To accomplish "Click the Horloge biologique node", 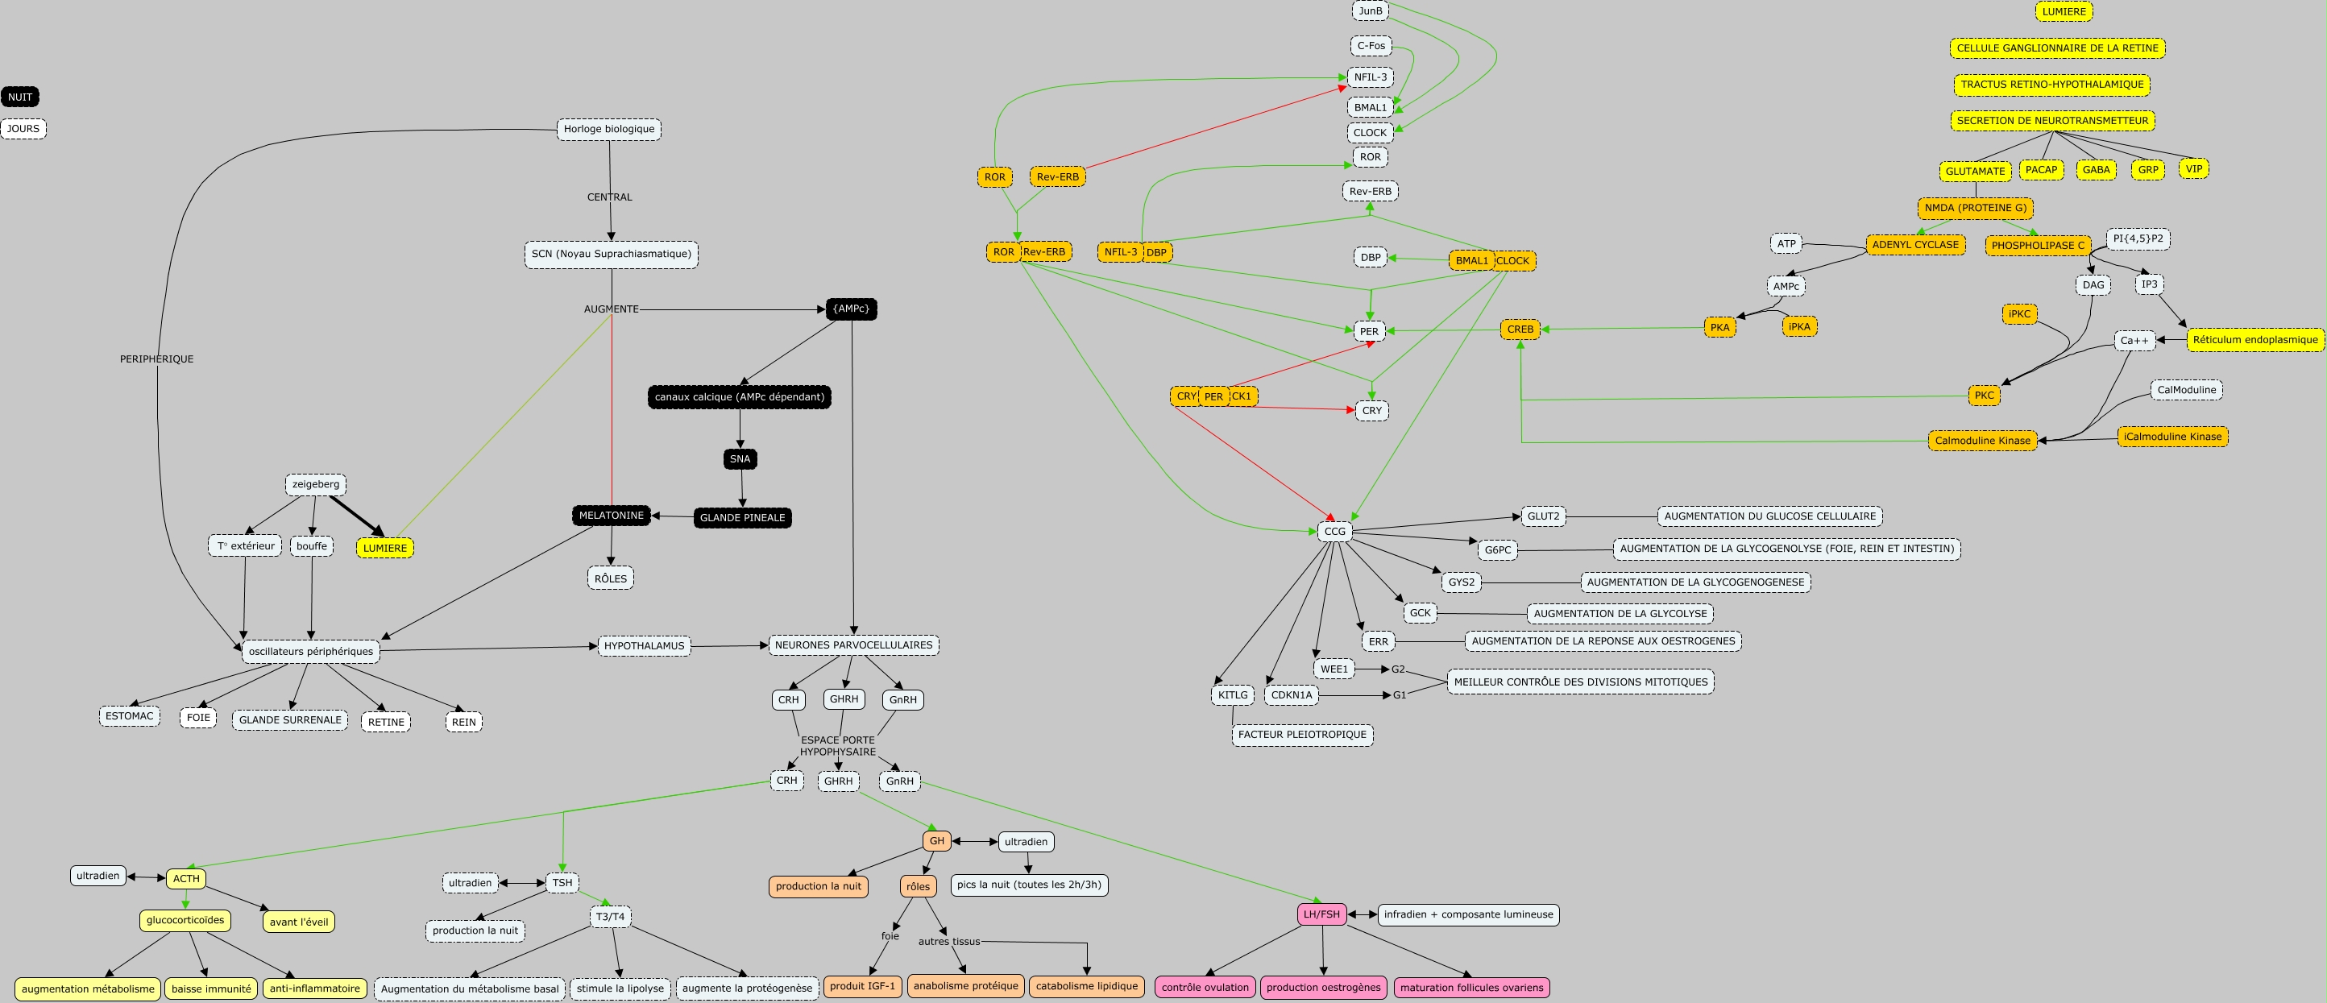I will click(609, 129).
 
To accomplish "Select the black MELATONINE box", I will click(611, 515).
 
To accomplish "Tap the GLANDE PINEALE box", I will click(741, 518).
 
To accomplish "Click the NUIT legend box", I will click(20, 97).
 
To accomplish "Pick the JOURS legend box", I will click(23, 128).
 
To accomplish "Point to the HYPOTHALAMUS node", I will click(644, 646).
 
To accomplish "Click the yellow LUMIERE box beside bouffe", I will click(385, 548).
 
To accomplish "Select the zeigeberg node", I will click(315, 484).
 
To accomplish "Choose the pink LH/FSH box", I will click(1321, 914).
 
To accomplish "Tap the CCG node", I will click(1334, 532).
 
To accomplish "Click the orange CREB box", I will click(1520, 329).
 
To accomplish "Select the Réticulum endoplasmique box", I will click(2254, 340).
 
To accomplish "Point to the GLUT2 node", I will click(1543, 516).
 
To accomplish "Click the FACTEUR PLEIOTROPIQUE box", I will click(1302, 735).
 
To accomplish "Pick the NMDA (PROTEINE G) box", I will click(1975, 208).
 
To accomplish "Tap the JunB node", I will click(1371, 10).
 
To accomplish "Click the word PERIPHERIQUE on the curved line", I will click(156, 359).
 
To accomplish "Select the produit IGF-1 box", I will click(862, 986).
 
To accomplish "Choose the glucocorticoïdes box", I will click(185, 920).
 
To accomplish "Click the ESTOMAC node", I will click(129, 715).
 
